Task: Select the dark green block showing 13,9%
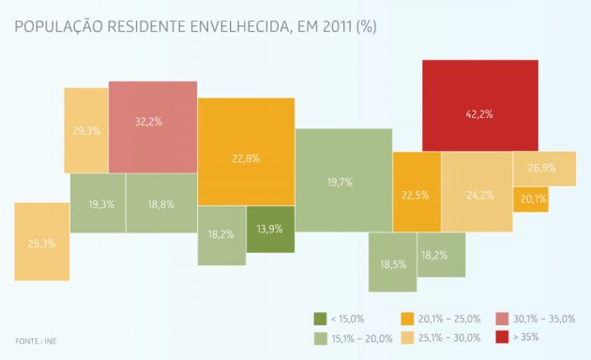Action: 270,230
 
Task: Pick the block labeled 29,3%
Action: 86,129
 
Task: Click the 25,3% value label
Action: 41,243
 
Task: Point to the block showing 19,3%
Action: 98,203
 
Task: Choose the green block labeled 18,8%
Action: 161,203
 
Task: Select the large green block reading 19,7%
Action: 343,180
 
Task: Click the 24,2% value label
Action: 479,195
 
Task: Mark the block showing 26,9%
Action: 544,169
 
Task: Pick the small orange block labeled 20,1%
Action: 531,199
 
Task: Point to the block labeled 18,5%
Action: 392,264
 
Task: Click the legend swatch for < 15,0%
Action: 320,319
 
